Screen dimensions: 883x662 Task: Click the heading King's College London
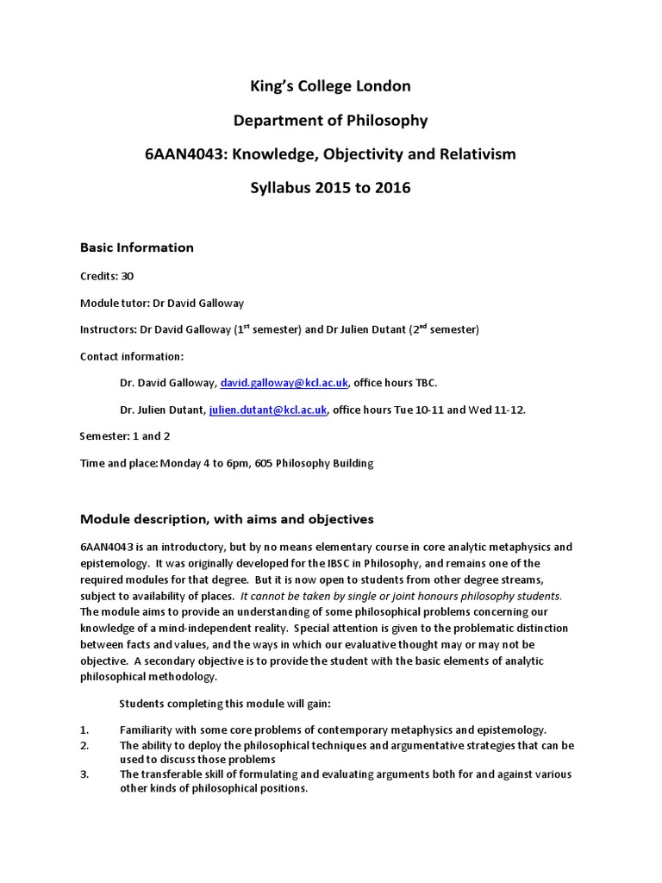331,86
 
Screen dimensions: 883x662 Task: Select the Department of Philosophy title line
331,120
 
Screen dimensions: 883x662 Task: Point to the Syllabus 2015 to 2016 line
331,188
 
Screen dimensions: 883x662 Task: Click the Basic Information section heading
137,247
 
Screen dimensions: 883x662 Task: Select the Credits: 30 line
107,277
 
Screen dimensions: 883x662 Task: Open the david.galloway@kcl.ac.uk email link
273,383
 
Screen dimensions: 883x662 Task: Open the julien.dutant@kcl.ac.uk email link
268,410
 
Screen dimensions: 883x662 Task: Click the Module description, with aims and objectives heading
227,519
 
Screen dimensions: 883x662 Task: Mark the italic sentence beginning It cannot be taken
401,596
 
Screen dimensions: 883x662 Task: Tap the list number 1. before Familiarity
84,730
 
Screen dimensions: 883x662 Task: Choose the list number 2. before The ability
84,745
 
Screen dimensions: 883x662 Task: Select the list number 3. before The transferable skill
84,774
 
